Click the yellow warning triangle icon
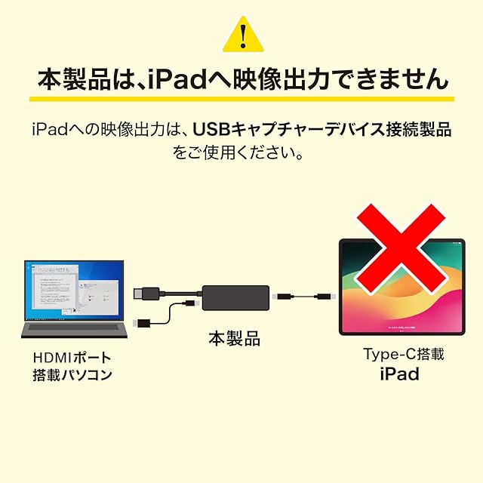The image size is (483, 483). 241,35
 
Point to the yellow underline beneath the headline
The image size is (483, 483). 241,99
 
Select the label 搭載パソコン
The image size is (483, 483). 72,374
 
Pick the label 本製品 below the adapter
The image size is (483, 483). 234,339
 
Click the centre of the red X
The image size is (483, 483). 401,248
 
